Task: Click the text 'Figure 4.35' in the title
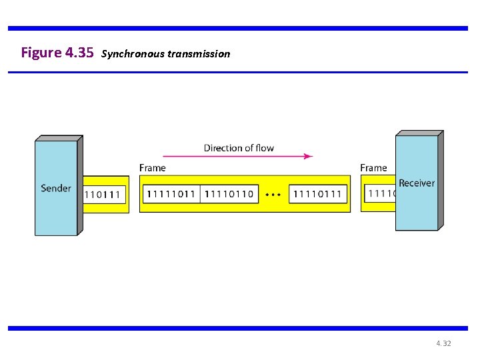[57, 53]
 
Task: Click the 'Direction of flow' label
[239, 148]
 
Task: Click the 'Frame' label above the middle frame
[153, 168]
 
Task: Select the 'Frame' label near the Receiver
[373, 168]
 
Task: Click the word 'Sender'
[56, 188]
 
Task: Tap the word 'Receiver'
[416, 183]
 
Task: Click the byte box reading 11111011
[171, 194]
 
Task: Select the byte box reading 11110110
[229, 194]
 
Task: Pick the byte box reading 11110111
[317, 194]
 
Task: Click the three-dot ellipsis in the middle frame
[273, 195]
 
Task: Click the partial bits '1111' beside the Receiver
[381, 194]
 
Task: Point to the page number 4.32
[443, 343]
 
